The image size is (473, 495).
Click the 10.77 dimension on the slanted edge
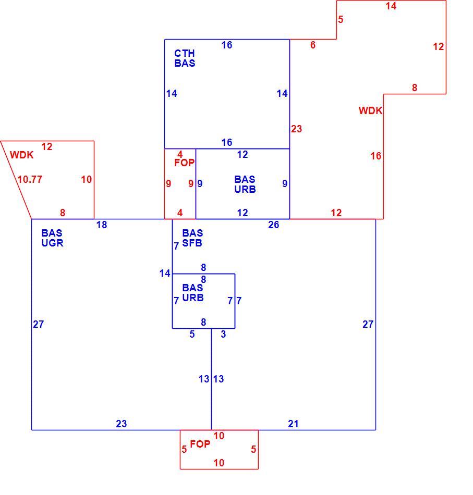30,179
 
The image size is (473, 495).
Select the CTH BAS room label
185,58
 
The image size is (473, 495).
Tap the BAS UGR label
52,238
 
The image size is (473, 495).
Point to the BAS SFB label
192,238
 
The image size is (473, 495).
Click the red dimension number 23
296,129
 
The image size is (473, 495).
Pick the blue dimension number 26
273,225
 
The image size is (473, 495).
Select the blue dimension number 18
101,225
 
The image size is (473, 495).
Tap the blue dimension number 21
293,424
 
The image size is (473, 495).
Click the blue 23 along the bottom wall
121,424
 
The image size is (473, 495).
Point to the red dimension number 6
312,45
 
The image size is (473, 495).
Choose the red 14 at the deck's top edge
391,6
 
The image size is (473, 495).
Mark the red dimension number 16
375,156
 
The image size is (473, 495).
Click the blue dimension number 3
223,334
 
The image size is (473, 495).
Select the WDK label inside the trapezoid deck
21,155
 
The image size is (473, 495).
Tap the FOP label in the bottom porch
200,444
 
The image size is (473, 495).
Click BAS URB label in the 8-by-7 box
193,293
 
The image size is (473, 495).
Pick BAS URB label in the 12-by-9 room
245,184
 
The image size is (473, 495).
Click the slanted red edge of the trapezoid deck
16,180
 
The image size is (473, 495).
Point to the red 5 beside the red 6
341,19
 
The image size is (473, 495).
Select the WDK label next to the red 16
370,110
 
